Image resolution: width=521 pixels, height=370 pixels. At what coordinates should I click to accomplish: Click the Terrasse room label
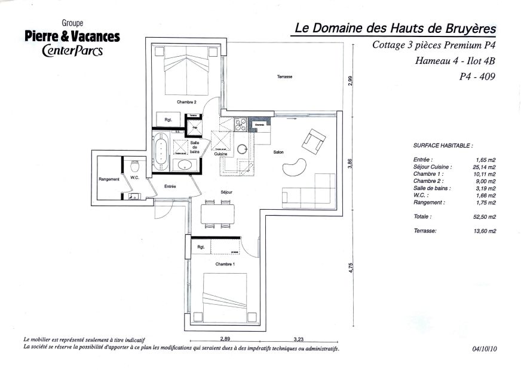[284, 78]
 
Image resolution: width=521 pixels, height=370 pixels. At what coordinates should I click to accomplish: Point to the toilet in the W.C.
[135, 165]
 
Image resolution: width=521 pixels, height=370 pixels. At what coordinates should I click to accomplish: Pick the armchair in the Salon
[314, 140]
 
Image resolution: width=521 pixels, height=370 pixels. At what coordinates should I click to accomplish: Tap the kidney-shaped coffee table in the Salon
[294, 167]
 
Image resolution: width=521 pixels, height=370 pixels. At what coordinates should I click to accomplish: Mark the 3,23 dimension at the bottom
[298, 338]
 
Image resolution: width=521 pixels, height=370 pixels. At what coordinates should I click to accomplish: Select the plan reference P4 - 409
[477, 76]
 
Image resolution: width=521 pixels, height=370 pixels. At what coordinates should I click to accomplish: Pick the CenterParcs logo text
[72, 50]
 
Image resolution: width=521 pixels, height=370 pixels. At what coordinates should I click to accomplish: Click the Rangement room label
[109, 179]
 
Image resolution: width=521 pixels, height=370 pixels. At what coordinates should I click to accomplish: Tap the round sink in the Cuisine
[243, 149]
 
